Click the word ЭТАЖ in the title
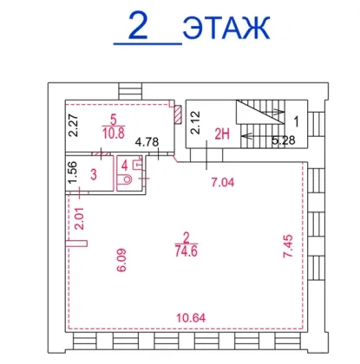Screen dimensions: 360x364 tap(226, 28)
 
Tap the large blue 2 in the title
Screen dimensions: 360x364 tap(138, 25)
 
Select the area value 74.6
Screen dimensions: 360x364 tap(187, 251)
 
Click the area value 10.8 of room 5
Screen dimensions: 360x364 tap(114, 133)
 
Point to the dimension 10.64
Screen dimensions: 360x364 tap(191, 318)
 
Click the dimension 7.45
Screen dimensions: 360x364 tap(288, 246)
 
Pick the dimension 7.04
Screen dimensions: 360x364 tap(223, 182)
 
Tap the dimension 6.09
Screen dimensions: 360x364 tap(121, 260)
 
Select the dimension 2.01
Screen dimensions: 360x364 tap(79, 218)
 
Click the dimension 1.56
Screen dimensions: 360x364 tap(72, 172)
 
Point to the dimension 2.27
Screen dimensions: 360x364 tap(73, 126)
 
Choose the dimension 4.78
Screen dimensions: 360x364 tap(147, 142)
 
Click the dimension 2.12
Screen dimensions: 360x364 tap(195, 122)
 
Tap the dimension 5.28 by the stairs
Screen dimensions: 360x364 tap(284, 140)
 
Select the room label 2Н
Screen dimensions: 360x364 tap(222, 134)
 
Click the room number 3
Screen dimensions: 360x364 tap(94, 174)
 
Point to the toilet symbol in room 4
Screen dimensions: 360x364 tap(125, 179)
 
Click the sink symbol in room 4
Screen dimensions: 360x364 tap(137, 164)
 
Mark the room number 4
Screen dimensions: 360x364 tap(125, 166)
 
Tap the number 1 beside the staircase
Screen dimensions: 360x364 tap(297, 121)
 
